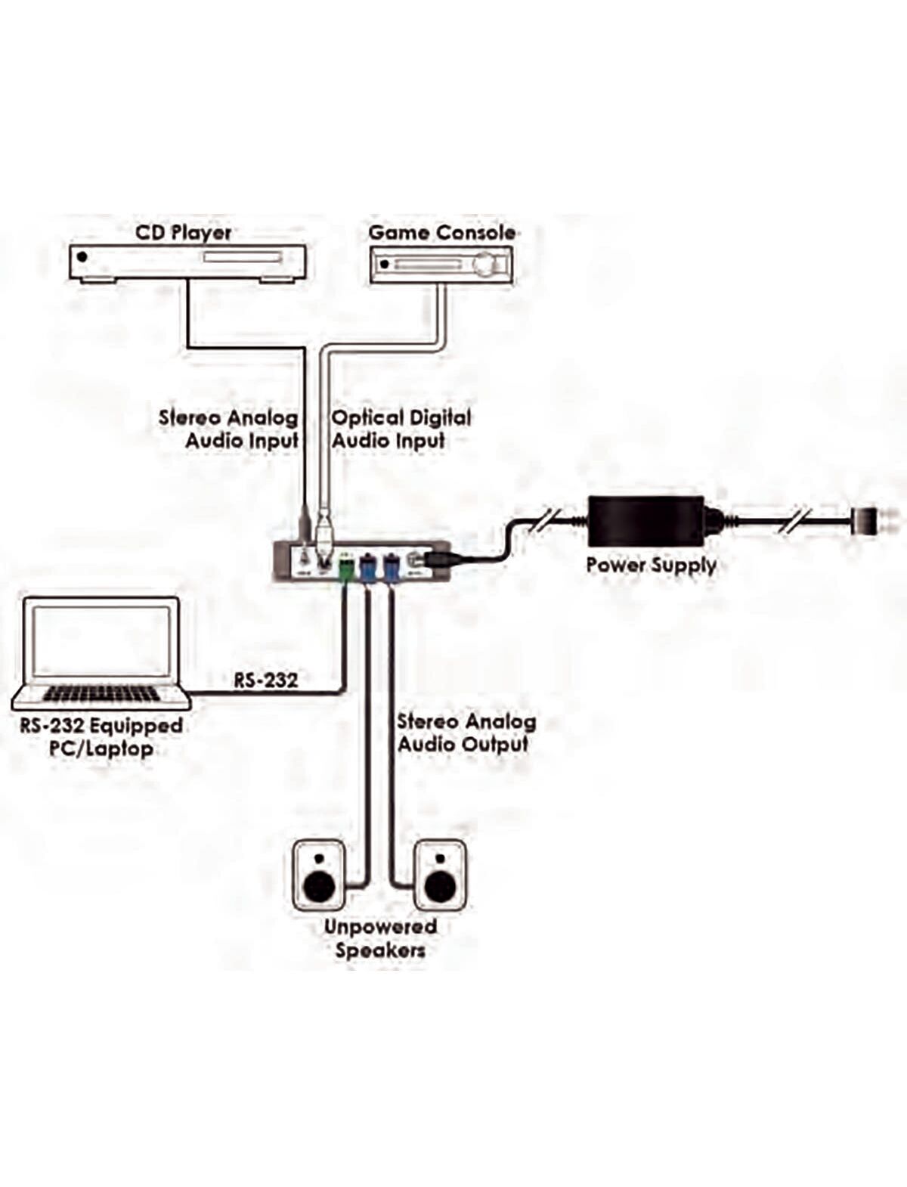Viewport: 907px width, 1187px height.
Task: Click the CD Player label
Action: [184, 232]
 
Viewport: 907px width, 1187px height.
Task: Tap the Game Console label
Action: [442, 232]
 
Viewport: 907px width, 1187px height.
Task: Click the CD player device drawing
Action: [187, 263]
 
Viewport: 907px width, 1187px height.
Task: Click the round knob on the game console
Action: [487, 265]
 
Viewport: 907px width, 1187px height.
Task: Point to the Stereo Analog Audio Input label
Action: [229, 429]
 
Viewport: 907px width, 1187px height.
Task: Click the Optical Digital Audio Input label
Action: [401, 429]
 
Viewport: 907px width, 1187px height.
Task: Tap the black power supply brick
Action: [646, 520]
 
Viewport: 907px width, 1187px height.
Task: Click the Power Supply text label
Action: [651, 565]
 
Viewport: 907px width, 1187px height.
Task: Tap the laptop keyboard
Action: [101, 693]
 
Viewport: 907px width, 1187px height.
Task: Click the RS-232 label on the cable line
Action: [265, 680]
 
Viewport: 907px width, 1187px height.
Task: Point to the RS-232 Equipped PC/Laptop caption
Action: [101, 737]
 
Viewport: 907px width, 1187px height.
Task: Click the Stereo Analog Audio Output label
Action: [466, 733]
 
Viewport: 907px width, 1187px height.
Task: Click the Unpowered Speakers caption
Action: [380, 938]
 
